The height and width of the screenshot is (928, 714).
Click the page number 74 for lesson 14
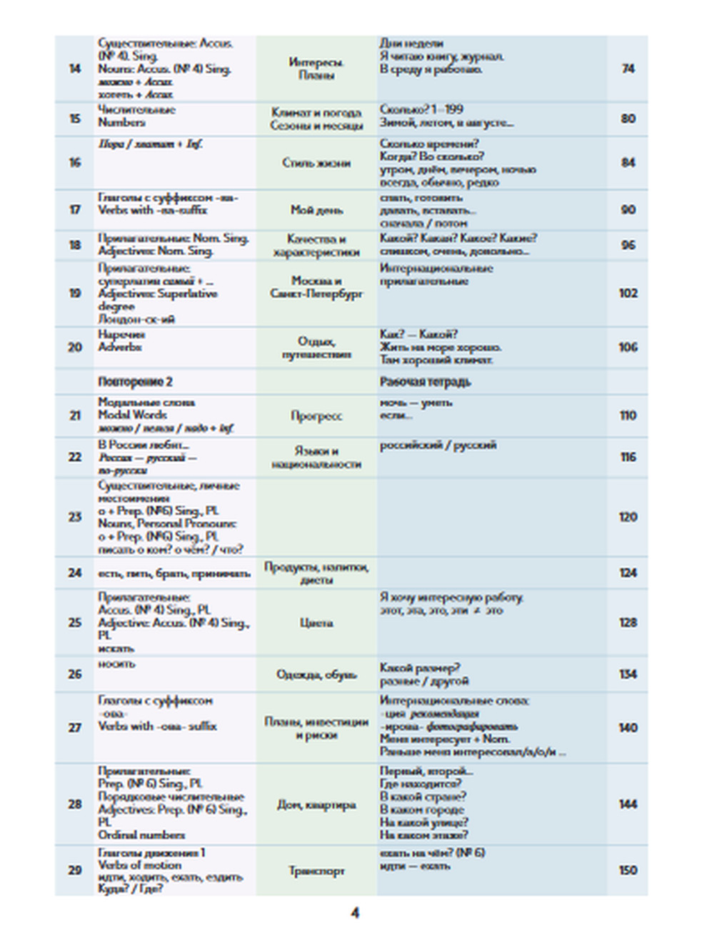[x=628, y=69]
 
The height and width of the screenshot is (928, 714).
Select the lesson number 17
[x=75, y=210]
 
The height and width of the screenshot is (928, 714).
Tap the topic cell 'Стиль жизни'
[x=316, y=163]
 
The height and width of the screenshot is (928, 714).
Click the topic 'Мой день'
[x=316, y=210]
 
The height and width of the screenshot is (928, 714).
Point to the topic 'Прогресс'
[x=316, y=415]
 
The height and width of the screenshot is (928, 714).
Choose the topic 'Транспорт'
[x=316, y=871]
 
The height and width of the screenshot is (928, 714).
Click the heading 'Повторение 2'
[x=135, y=382]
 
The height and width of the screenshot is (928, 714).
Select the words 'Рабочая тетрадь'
[x=425, y=382]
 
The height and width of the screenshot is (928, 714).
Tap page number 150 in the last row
[x=628, y=870]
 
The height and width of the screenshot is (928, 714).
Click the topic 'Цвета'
[x=316, y=622]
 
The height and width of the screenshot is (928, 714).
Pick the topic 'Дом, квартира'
[x=316, y=805]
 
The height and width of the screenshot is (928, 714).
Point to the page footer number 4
[x=355, y=912]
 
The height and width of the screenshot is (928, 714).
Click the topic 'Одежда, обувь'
[x=316, y=674]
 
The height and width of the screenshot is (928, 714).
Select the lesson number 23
[x=75, y=517]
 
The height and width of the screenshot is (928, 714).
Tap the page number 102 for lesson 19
[x=628, y=293]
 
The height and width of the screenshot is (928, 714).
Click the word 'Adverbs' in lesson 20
[x=120, y=347]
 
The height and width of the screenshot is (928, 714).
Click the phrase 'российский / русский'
[x=438, y=445]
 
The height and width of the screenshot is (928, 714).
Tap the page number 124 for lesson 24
[x=628, y=573]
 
